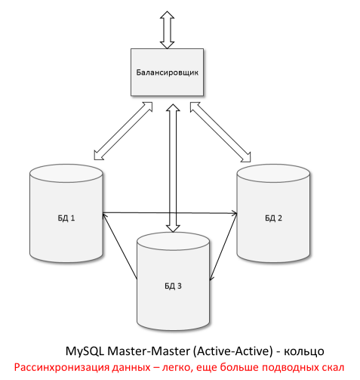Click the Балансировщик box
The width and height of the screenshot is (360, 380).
[167, 73]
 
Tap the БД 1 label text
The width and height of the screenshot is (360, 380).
[66, 218]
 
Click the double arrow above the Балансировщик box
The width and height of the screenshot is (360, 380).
[167, 29]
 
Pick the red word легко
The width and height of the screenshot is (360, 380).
[196, 368]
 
